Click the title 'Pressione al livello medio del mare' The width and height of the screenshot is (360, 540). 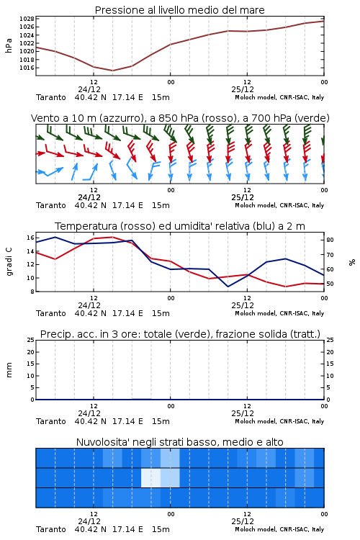point(179,10)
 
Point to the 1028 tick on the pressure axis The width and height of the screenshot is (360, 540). point(27,19)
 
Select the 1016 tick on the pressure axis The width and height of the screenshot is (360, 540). point(27,68)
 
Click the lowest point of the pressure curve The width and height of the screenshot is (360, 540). point(112,71)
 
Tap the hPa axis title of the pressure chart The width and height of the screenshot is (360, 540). point(9,45)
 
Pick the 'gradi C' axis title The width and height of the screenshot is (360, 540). point(9,262)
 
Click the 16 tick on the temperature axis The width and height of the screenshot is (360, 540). point(30,238)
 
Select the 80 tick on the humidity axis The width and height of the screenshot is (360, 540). point(330,240)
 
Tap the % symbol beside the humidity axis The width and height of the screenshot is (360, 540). point(352,262)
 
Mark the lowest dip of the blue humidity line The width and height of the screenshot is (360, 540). point(228,286)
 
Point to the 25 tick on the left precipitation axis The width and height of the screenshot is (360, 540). point(30,341)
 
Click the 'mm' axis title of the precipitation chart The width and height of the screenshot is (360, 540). point(9,370)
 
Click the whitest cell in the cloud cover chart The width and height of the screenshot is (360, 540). point(151,477)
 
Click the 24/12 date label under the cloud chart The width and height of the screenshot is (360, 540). point(89,521)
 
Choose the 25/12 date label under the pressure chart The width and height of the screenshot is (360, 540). point(243,89)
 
